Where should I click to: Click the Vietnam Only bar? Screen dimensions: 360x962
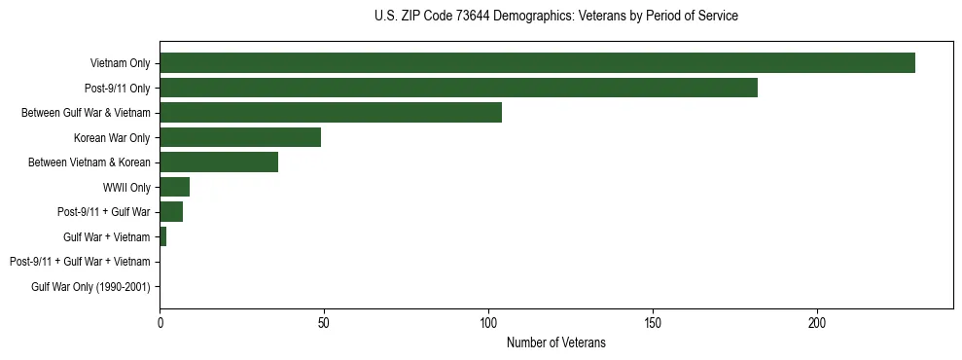pyautogui.click(x=537, y=63)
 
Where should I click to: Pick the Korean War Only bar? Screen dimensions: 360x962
pyautogui.click(x=240, y=137)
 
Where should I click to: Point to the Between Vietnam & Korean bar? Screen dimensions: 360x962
pyautogui.click(x=219, y=162)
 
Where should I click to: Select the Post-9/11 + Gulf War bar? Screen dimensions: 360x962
pyautogui.click(x=171, y=212)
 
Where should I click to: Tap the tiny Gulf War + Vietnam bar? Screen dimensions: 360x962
pyautogui.click(x=162, y=236)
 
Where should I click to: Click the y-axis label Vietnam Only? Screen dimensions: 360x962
pyautogui.click(x=120, y=63)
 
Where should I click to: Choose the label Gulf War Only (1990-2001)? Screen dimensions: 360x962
pyautogui.click(x=90, y=287)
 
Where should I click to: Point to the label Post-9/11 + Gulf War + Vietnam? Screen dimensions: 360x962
pyautogui.click(x=80, y=262)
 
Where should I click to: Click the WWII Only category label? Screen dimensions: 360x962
pyautogui.click(x=126, y=187)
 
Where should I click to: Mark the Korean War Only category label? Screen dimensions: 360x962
pyautogui.click(x=112, y=137)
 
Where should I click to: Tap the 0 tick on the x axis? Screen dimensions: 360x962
pyautogui.click(x=160, y=322)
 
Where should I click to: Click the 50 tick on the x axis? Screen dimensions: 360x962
pyautogui.click(x=324, y=322)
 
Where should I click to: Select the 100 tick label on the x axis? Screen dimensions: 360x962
pyautogui.click(x=488, y=322)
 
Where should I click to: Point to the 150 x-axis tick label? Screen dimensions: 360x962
pyautogui.click(x=653, y=322)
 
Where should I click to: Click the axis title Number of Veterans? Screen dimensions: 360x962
pyautogui.click(x=555, y=342)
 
